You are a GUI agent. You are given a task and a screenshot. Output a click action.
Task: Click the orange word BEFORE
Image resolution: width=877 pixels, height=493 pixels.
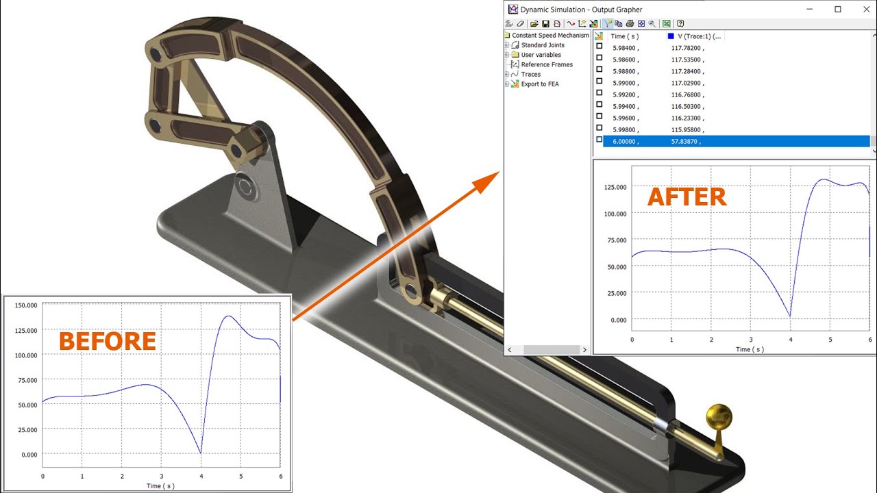[x=108, y=341]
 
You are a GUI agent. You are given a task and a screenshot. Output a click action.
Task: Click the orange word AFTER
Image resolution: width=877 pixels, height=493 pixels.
[x=687, y=197]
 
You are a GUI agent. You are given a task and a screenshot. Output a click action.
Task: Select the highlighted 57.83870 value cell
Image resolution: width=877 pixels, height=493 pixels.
[x=684, y=141]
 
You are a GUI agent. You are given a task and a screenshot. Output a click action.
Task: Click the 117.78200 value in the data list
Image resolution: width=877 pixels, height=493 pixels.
[x=686, y=48]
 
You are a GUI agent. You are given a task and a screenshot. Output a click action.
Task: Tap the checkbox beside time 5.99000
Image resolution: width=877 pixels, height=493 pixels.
[x=599, y=81]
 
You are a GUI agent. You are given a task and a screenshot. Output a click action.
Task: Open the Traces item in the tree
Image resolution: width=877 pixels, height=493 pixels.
[x=530, y=74]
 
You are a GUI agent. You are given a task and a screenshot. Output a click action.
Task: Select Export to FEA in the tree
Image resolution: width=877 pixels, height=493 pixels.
[x=540, y=84]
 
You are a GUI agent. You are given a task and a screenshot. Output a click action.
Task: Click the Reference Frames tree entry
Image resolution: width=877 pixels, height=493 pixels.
[x=547, y=64]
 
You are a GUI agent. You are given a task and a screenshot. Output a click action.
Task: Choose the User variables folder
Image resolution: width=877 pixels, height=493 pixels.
[x=541, y=54]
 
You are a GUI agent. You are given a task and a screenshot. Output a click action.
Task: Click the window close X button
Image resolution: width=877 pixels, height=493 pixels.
[x=867, y=10]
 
